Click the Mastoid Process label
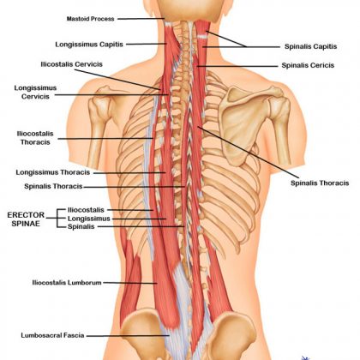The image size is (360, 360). click(90, 19)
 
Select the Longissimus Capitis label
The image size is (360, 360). click(89, 45)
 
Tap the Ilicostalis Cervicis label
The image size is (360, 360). click(71, 64)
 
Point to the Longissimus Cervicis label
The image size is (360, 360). click(35, 92)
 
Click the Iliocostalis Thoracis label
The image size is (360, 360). click(35, 138)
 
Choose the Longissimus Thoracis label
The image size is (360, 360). click(53, 172)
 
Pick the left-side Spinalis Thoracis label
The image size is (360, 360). click(53, 186)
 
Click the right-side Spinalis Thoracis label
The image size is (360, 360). click(320, 183)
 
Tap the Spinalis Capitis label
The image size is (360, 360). click(310, 46)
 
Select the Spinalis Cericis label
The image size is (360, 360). click(308, 65)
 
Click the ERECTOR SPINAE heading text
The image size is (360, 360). click(26, 219)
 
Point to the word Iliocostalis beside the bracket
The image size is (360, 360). click(86, 210)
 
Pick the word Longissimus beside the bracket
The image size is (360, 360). click(89, 219)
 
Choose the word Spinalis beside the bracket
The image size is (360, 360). click(81, 226)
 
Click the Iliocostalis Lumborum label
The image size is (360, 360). click(67, 283)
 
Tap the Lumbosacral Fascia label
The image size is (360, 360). click(52, 335)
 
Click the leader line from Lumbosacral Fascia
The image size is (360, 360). click(128, 336)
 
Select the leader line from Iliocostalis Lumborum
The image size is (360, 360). click(130, 283)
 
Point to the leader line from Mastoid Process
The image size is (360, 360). click(141, 19)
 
